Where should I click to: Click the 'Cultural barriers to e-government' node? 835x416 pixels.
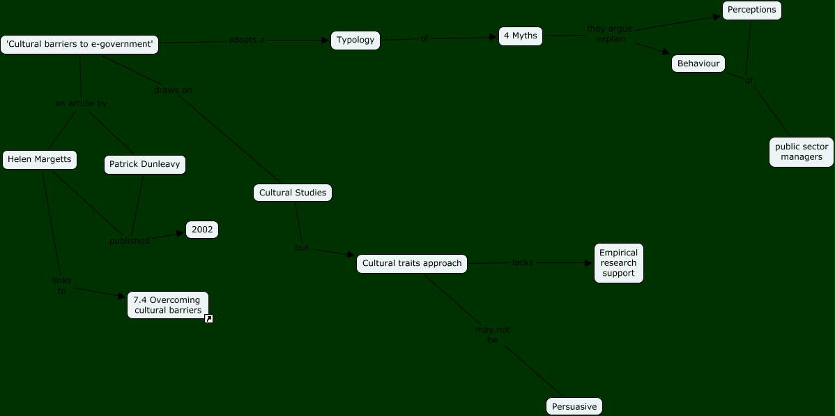79,45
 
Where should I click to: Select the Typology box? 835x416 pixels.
355,40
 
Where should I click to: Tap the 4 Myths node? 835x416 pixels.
521,36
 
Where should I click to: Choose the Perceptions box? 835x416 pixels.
751,10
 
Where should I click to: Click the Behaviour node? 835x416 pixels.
698,64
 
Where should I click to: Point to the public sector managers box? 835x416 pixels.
802,152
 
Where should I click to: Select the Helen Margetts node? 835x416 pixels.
39,160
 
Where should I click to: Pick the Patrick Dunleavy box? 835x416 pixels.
145,165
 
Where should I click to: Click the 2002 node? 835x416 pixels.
202,230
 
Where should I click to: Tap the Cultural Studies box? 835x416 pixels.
293,193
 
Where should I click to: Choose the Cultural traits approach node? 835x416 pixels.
412,264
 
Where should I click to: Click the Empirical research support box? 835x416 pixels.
618,263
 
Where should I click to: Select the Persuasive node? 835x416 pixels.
574,406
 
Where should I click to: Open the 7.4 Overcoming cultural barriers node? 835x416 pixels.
167,305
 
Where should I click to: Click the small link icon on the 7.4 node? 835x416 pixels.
208,319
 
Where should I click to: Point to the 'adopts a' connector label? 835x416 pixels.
247,40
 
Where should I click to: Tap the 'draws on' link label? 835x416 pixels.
173,91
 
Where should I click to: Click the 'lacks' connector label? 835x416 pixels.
523,263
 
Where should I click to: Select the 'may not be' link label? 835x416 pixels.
493,334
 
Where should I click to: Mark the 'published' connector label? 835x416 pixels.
130,241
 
